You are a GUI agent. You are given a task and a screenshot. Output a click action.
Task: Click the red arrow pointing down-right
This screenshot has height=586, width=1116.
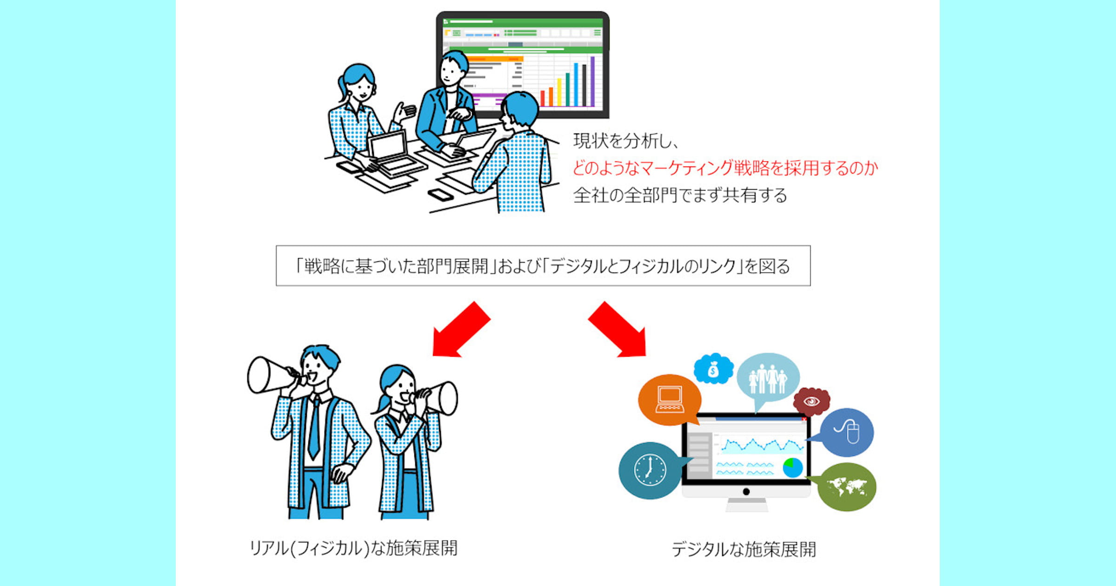(x=619, y=330)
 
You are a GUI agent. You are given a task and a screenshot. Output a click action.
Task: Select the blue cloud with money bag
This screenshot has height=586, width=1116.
(x=713, y=369)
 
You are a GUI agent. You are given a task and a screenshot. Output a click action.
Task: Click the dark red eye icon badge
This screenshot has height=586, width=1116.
(x=811, y=401)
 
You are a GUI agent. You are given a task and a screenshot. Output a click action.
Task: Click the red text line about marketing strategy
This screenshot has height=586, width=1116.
(x=725, y=168)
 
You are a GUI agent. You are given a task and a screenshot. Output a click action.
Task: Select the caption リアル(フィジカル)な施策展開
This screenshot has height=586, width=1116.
(x=353, y=548)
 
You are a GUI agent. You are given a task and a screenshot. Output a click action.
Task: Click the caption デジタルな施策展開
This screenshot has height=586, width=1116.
(x=744, y=549)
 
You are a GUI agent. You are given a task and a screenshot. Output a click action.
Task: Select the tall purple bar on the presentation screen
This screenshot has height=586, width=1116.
(x=592, y=81)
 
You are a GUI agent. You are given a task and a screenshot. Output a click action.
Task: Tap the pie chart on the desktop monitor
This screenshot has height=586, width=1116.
(x=792, y=467)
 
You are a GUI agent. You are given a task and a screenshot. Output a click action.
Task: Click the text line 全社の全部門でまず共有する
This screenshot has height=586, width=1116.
(x=680, y=195)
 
